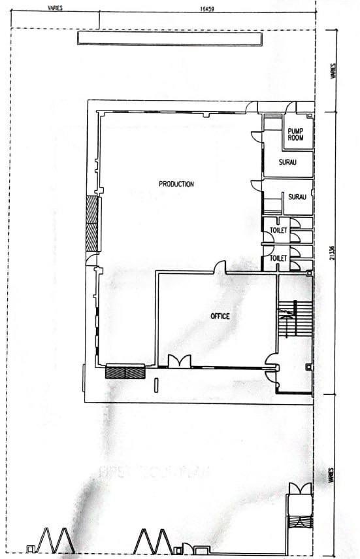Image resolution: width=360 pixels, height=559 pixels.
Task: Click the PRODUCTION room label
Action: [x=176, y=184]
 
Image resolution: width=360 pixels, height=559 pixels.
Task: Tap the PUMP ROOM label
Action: [x=296, y=134]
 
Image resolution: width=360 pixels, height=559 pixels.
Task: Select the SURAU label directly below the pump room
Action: [x=288, y=163]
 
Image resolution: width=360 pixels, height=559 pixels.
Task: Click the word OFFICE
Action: [x=220, y=316]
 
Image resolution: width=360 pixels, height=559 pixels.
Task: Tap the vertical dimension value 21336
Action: [x=333, y=252]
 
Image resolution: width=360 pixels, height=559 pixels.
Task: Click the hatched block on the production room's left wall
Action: [x=92, y=224]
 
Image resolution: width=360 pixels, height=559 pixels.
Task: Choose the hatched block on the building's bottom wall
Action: [x=125, y=372]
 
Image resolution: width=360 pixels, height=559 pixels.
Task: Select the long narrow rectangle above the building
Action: [x=169, y=39]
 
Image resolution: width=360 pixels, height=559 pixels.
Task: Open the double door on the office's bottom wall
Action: [x=178, y=361]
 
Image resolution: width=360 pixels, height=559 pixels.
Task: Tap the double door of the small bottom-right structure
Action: [x=301, y=488]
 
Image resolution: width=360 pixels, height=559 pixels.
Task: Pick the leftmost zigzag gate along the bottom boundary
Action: [x=54, y=540]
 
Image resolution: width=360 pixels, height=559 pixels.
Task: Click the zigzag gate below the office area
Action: [x=153, y=540]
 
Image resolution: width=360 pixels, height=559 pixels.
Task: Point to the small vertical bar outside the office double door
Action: [x=155, y=384]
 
